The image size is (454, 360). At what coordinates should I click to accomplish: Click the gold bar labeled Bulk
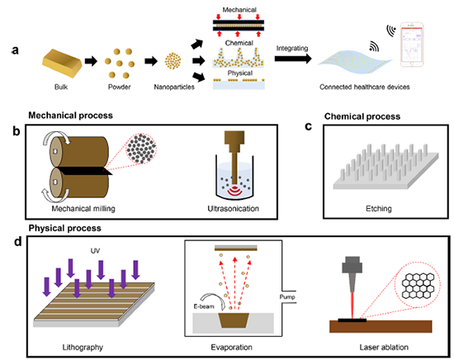(62, 63)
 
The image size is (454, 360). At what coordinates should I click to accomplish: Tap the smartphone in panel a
(412, 45)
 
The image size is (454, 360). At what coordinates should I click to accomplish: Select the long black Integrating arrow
(293, 59)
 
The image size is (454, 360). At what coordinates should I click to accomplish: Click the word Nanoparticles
(174, 87)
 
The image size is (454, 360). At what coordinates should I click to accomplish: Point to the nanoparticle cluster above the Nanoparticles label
(173, 61)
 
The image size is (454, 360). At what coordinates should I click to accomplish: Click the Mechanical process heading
(70, 116)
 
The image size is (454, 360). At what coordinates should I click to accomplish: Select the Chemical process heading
(362, 116)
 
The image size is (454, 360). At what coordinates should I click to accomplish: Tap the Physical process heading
(65, 228)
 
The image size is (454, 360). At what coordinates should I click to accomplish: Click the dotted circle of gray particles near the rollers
(141, 149)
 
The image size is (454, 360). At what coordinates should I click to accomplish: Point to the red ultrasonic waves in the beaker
(234, 191)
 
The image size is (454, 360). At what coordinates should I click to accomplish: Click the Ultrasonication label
(233, 209)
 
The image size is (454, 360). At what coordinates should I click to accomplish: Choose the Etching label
(379, 209)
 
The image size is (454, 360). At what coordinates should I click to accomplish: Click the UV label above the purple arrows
(95, 251)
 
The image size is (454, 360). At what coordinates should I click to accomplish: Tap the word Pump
(287, 297)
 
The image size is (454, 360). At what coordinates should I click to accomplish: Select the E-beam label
(204, 306)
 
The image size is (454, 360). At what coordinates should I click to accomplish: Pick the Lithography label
(83, 348)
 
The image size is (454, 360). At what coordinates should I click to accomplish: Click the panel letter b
(17, 131)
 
